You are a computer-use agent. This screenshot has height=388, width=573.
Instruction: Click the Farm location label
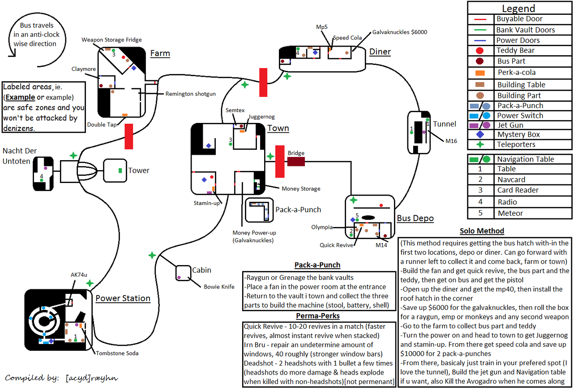(160, 53)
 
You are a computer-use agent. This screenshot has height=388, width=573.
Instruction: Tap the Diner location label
(380, 52)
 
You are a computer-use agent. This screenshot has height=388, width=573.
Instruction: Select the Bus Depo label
(415, 218)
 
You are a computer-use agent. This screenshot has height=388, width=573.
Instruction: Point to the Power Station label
(123, 298)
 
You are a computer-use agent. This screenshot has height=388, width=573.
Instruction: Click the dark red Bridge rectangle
(295, 161)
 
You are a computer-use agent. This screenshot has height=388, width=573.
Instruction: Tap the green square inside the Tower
(120, 170)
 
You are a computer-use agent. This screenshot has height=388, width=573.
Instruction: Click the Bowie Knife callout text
(219, 287)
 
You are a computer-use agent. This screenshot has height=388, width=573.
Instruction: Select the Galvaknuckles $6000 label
(399, 32)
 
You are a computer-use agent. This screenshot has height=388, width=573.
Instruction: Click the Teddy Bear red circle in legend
(479, 51)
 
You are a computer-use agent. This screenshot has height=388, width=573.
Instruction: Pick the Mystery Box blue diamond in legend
(479, 134)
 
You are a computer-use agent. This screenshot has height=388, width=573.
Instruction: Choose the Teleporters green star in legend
(479, 144)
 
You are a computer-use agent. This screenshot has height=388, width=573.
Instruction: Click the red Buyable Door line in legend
(479, 19)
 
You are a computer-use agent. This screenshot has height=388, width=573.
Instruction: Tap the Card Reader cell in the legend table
(517, 190)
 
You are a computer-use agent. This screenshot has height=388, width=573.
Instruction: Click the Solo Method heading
(482, 231)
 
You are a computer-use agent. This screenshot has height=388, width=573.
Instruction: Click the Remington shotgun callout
(191, 94)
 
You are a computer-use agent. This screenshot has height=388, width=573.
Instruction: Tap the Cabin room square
(183, 273)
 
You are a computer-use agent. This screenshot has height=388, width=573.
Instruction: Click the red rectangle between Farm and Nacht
(129, 136)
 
